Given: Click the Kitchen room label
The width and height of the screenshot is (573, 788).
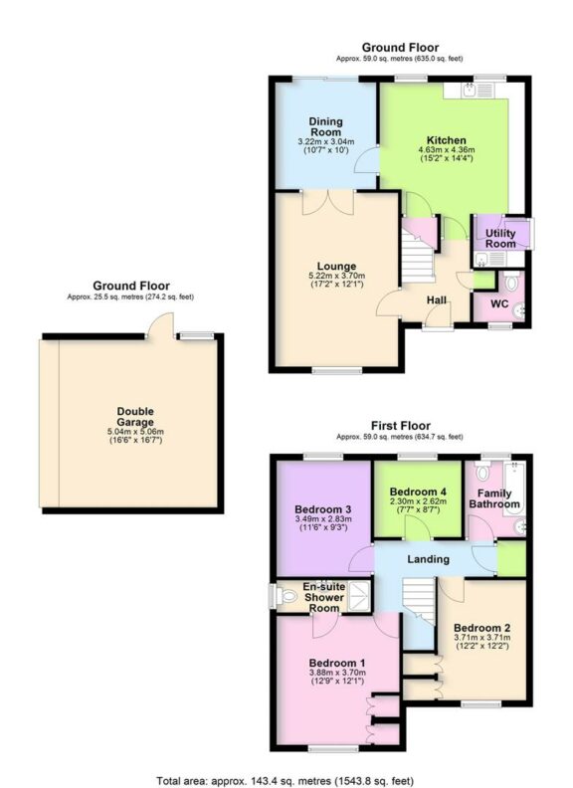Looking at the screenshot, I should coord(447,140).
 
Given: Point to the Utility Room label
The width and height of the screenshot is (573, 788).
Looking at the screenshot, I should coord(500,239).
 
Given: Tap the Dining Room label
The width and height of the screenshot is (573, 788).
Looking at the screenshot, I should coord(325,126).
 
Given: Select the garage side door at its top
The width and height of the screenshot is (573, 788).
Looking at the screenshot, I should coord(159,326).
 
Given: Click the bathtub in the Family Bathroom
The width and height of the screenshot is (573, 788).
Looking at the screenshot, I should coord(519,497).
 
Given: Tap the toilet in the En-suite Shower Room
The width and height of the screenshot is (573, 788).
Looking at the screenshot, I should coord(278,597).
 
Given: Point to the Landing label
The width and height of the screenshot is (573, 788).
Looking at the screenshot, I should coord(429,559).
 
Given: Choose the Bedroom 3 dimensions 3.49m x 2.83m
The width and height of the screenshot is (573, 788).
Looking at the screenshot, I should coord(323,519).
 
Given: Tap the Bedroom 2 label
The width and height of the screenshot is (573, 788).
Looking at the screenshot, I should coord(481,628).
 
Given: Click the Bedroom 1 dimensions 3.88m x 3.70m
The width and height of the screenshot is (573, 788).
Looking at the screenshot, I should coord(336,674).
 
